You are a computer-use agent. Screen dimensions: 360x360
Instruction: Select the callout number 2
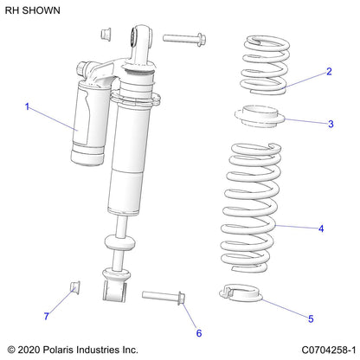[329, 72]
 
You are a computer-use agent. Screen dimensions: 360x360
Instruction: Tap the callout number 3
[331, 124]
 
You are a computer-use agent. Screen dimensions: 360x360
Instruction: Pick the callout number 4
[321, 228]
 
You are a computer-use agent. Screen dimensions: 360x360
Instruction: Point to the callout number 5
[312, 318]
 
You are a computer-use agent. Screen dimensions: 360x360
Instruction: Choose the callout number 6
[198, 333]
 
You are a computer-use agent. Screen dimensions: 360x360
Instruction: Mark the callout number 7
[46, 317]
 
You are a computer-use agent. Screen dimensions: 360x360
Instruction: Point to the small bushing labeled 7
[74, 287]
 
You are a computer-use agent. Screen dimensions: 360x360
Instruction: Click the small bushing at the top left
[105, 33]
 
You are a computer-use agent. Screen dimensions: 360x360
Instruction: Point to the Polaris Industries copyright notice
[73, 350]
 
